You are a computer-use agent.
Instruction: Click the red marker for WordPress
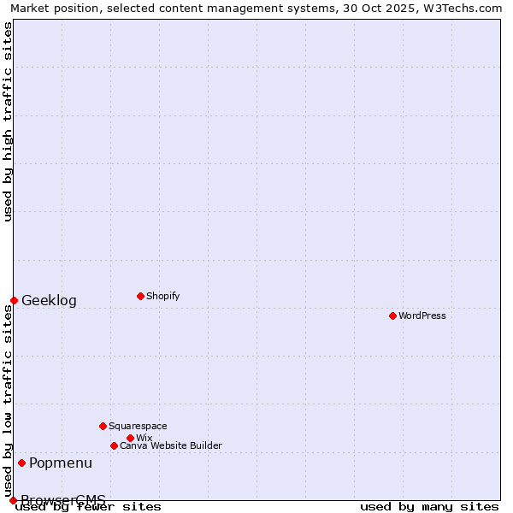point(392,315)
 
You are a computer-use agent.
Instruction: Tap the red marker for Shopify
point(140,296)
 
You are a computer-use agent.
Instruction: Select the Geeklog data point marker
point(14,300)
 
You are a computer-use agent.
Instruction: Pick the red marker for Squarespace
point(103,426)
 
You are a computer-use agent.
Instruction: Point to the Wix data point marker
point(130,438)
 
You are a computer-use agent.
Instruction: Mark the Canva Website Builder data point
point(114,445)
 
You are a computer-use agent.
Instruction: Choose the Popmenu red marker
point(21,463)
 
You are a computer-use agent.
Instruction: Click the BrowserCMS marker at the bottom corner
point(13,500)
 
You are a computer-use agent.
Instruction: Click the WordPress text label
point(422,315)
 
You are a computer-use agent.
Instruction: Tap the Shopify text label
point(162,296)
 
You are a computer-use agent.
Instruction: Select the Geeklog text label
point(49,300)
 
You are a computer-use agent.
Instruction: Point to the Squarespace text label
point(138,426)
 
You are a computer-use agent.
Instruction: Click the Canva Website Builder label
point(171,445)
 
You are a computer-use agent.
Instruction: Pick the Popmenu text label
point(61,463)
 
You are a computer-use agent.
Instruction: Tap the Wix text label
point(144,438)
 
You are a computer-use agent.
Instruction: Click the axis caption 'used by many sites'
point(429,506)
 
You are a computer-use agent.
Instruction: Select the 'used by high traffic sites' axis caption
point(8,121)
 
